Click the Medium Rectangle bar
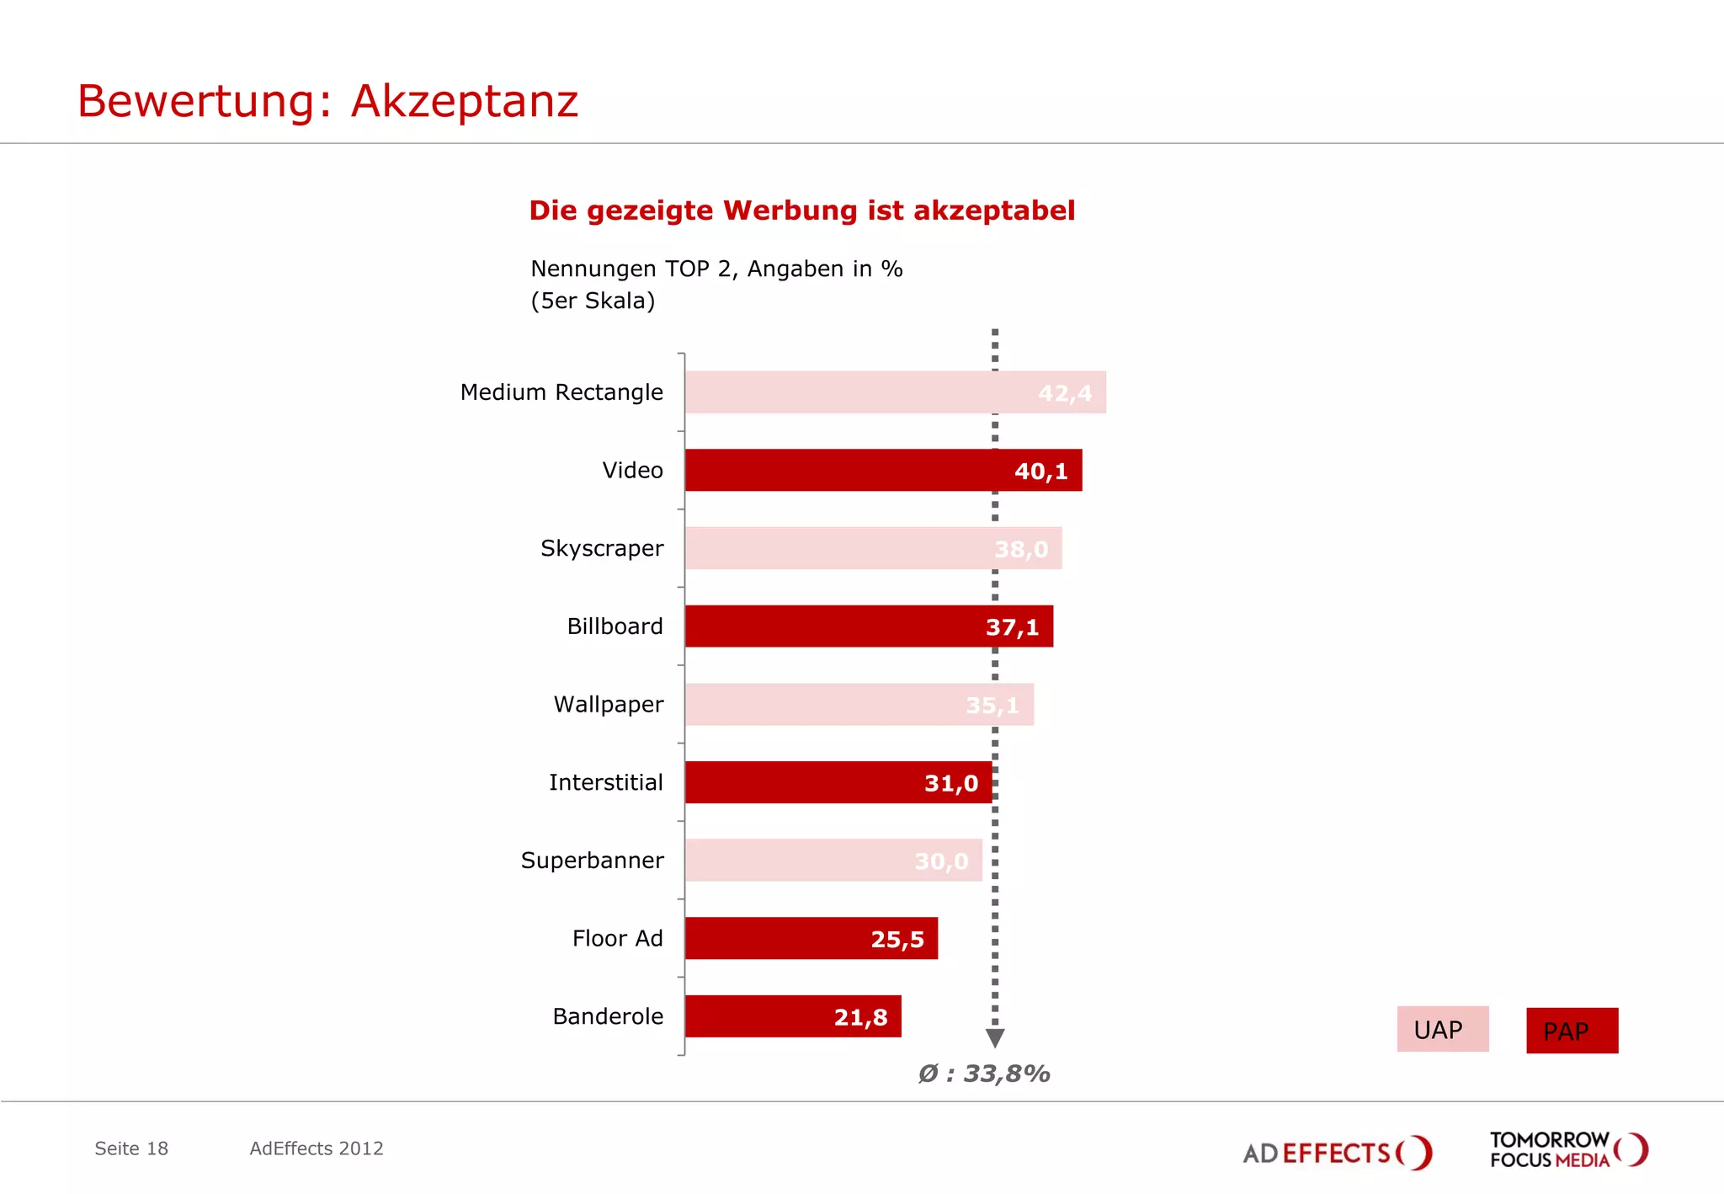coord(895,392)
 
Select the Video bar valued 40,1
coord(882,471)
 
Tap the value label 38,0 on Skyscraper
coord(1021,549)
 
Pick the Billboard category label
coord(615,626)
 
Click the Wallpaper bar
coord(859,705)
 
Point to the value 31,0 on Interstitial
coord(951,783)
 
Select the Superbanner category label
coord(592,861)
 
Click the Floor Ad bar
coord(811,938)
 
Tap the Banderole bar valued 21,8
coord(792,1016)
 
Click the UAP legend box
coord(1442,1029)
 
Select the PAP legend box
coord(1572,1031)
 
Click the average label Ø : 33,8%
coord(983,1074)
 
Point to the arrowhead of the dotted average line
coord(995,1038)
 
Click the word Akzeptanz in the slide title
coord(465,101)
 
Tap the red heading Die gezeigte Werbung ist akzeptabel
coord(801,211)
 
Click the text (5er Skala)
coord(593,301)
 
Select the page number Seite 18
coord(131,1149)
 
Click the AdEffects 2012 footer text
coord(317,1149)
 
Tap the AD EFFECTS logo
coord(1337,1152)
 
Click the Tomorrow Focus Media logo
coord(1568,1150)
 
